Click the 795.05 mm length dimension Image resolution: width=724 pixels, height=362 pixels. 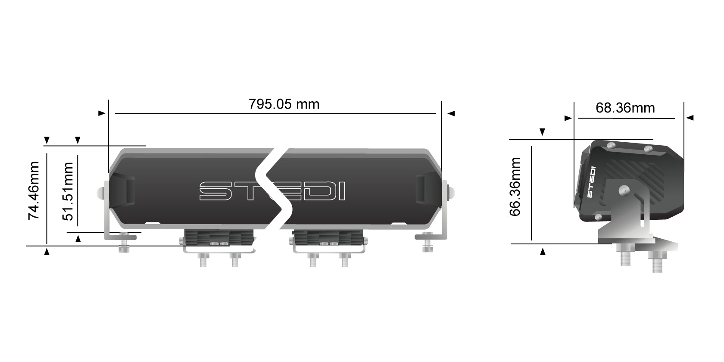pos(284,104)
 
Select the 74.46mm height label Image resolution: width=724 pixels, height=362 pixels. pos(34,190)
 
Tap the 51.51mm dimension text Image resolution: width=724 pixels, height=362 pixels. pos(68,191)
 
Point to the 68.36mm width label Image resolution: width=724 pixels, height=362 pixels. pos(625,108)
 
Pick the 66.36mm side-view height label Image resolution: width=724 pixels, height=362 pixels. pos(515,187)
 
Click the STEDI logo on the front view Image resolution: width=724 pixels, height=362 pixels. pos(272,191)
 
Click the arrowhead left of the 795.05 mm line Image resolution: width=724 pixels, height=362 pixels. pos(102,113)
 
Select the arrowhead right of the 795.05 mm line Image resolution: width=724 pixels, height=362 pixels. pos(451,113)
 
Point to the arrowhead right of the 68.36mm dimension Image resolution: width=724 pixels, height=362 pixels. pos(690,118)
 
